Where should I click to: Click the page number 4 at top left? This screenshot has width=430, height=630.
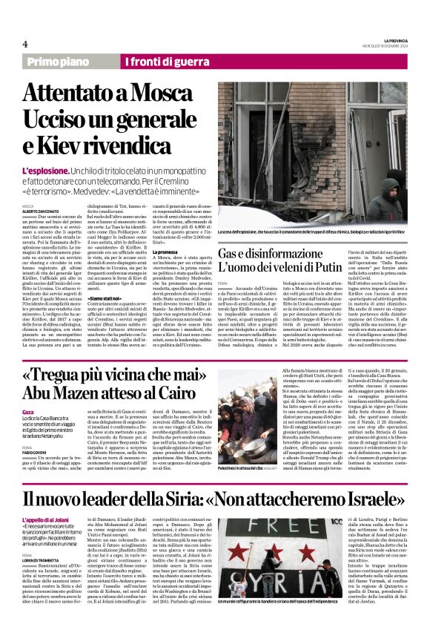(x=24, y=45)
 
